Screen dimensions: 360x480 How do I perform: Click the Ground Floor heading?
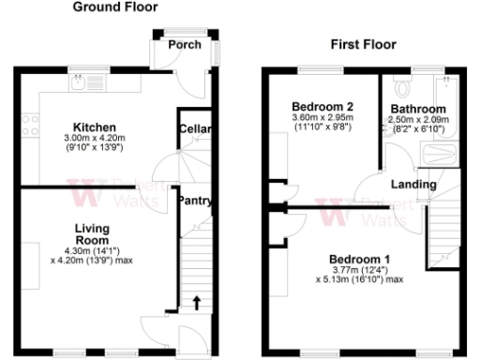click(x=115, y=7)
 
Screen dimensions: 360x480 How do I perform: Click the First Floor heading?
click(x=364, y=44)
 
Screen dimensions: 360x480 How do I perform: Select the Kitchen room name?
click(x=96, y=127)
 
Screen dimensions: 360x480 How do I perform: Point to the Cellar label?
click(x=196, y=128)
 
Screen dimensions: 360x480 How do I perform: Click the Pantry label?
click(x=195, y=200)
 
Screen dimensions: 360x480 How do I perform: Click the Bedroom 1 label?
click(x=359, y=258)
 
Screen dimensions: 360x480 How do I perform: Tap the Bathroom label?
click(x=418, y=109)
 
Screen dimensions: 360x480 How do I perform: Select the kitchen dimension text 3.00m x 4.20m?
click(x=96, y=138)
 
